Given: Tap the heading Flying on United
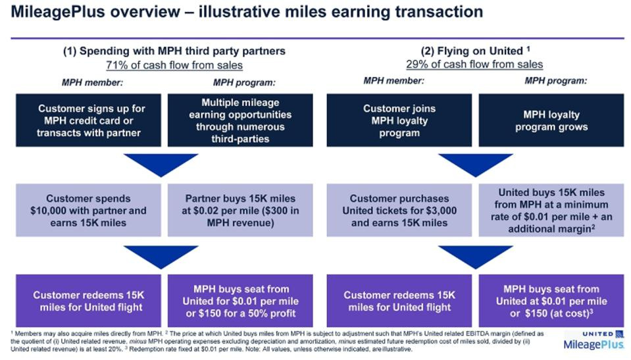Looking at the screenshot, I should point(474,51).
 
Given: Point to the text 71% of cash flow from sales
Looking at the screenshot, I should point(174,64).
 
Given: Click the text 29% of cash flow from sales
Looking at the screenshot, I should point(474,64).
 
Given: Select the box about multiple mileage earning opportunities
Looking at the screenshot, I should point(240,120).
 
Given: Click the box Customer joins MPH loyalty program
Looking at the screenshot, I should point(399,120).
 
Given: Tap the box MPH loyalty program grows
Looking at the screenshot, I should point(551,120).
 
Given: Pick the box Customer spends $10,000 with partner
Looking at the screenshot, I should point(88,211).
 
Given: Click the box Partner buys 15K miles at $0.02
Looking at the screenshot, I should point(240,211).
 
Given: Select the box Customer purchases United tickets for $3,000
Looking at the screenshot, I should point(399,211).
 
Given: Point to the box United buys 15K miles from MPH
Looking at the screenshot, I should point(551,211).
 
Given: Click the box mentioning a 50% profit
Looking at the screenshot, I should point(240,301).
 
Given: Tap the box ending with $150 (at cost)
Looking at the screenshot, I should point(551,301).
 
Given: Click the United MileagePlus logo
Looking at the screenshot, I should point(594,340).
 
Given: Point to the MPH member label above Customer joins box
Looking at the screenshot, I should point(394,81).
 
